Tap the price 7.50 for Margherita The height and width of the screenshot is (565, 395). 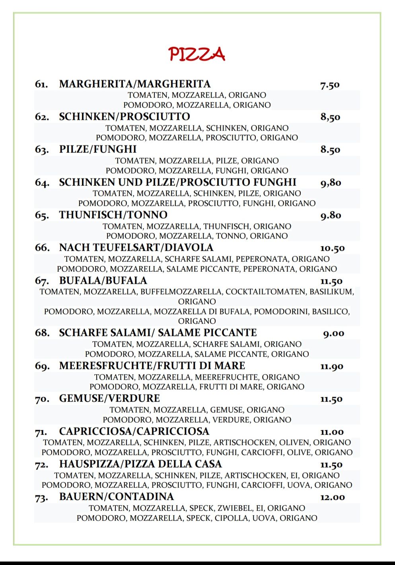pyautogui.click(x=330, y=85)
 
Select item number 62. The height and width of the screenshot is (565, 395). pyautogui.click(x=42, y=117)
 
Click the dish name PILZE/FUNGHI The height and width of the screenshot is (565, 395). pyautogui.click(x=98, y=149)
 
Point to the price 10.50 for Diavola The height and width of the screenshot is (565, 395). pyautogui.click(x=332, y=248)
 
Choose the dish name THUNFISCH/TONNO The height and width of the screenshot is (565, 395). pyautogui.click(x=113, y=215)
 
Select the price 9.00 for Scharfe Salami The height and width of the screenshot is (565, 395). pyautogui.click(x=333, y=333)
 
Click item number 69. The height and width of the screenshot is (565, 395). pyautogui.click(x=42, y=366)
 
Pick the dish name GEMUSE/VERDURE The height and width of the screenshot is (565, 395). pyautogui.click(x=109, y=398)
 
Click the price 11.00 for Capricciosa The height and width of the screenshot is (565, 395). pyautogui.click(x=332, y=432)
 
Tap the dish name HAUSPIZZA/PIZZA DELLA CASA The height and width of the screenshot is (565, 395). pyautogui.click(x=140, y=464)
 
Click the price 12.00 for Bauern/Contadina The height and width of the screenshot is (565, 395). pyautogui.click(x=332, y=497)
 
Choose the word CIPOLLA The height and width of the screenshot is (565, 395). pyautogui.click(x=232, y=518)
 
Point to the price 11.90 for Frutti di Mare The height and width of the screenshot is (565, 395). pyautogui.click(x=332, y=366)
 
